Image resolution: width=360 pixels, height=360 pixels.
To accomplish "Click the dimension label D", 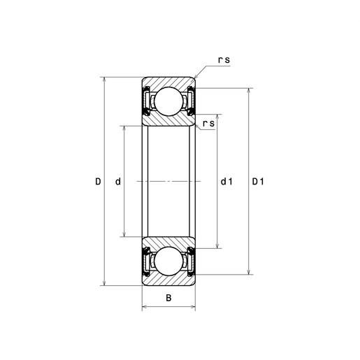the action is (x=98, y=181).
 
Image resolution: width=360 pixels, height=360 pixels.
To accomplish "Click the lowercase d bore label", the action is (x=118, y=181).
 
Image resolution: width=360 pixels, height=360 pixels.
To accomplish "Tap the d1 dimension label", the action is (x=226, y=181).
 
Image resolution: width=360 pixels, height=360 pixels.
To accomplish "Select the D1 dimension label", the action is (x=258, y=181).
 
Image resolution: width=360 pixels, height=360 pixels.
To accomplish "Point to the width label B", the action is (x=168, y=298).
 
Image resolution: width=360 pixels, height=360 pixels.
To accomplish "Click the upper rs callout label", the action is (x=224, y=60).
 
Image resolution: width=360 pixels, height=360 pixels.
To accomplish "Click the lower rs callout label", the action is (x=208, y=124).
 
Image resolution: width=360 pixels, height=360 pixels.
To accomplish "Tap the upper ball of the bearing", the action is (x=168, y=101).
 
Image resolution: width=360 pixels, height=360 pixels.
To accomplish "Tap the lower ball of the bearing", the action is (x=168, y=261).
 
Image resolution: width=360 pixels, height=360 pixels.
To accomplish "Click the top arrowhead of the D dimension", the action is (x=104, y=80).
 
